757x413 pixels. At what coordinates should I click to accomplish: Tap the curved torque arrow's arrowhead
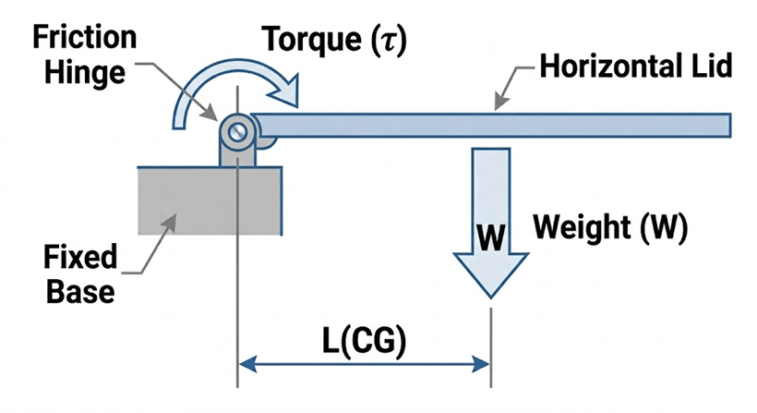point(288,91)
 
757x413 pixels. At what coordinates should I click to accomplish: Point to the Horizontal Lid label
point(636,67)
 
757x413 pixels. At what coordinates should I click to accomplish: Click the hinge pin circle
point(237,131)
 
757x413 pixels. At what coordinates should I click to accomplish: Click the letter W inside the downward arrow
point(490,237)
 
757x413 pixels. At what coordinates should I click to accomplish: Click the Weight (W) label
point(610,228)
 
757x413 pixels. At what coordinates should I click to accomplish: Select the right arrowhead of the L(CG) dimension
point(483,366)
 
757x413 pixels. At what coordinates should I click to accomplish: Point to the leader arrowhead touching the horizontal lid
point(499,105)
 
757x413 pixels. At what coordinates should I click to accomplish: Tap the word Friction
point(83,38)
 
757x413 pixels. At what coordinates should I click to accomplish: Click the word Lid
point(711,67)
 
